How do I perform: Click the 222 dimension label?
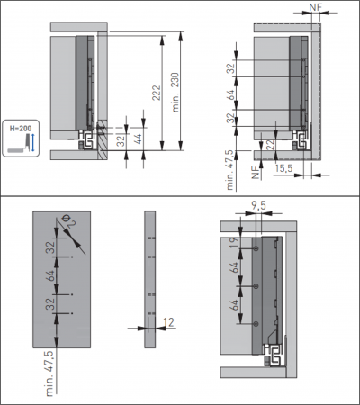157,94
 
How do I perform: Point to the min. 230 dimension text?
175,92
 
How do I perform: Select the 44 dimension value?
138,139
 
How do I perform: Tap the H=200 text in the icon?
21,129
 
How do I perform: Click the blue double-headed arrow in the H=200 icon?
33,143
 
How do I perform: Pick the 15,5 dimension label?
283,168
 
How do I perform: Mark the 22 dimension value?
270,145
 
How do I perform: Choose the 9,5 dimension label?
258,206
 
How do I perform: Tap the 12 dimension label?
169,322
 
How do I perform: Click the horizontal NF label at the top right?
315,7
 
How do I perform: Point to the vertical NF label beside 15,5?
256,174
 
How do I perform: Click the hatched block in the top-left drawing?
103,139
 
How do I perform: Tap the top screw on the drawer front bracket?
256,248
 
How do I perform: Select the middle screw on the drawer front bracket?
256,286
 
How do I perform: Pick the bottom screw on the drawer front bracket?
256,324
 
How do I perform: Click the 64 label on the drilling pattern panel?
50,275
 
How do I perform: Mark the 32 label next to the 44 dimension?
121,140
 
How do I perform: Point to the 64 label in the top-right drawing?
231,95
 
